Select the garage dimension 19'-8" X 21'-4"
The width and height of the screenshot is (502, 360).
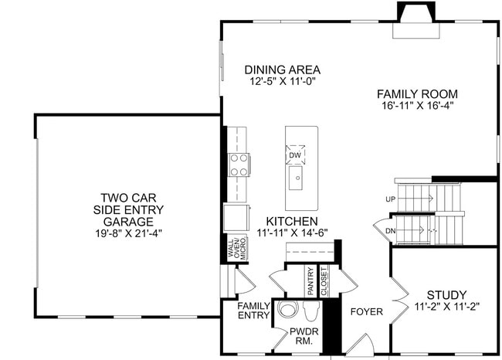coord(129,231)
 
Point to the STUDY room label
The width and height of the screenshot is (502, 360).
coord(446,294)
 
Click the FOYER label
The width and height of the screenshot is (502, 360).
coord(366,312)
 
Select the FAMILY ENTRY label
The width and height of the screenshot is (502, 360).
coord(253,311)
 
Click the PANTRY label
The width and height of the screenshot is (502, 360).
coord(310,282)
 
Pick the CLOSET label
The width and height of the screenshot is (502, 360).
coord(324,282)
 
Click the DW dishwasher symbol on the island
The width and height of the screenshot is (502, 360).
coord(295,155)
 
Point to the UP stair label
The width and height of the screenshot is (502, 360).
coord(390,199)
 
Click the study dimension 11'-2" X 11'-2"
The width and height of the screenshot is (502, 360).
coord(446,305)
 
